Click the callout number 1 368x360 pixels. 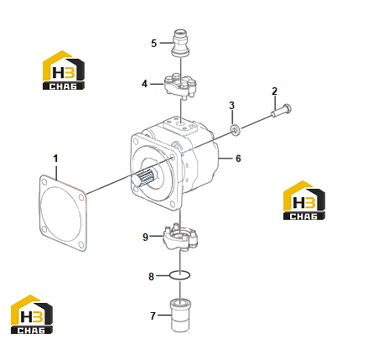pyautogui.click(x=55, y=159)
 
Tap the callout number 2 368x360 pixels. pyautogui.click(x=274, y=91)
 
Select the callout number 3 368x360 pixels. pyautogui.click(x=231, y=106)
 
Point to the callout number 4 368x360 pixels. pyautogui.click(x=144, y=84)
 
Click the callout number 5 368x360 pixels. pyautogui.click(x=154, y=44)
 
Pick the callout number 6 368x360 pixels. pyautogui.click(x=238, y=159)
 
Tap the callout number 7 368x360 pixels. pyautogui.click(x=153, y=316)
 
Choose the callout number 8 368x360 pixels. pyautogui.click(x=151, y=277)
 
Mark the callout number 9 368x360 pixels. pyautogui.click(x=145, y=237)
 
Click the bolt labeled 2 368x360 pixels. pyautogui.click(x=281, y=110)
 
